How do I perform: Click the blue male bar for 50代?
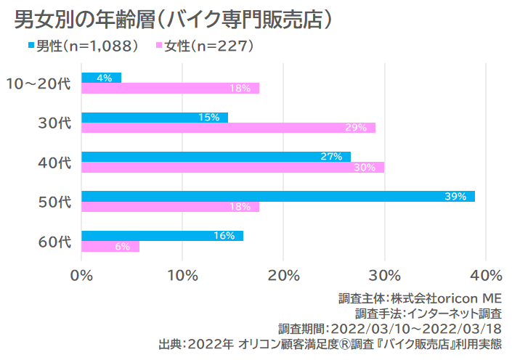coord(278,196)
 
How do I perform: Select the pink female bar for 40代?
coord(232,168)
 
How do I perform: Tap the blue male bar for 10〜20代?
coord(101,78)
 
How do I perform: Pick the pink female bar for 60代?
coord(110,246)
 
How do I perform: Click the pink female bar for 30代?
coord(228,128)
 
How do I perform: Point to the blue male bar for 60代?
coord(162,235)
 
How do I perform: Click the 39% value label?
coord(456,196)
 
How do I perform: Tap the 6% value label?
coord(122,246)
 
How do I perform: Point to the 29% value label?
coord(355,128)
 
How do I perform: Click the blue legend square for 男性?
coord(33,46)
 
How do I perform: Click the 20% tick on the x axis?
coord(284,275)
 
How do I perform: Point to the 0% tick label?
coord(82,275)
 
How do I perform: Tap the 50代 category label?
coord(54,201)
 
